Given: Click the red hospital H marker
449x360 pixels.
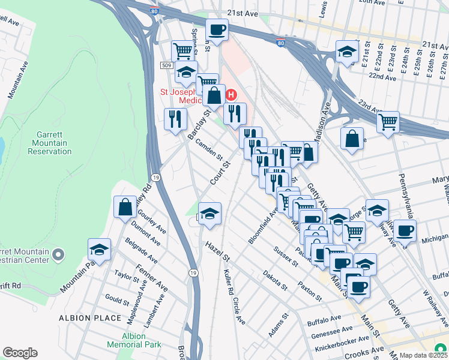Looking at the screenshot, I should pos(232,95).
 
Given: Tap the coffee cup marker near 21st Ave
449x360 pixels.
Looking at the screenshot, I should pos(217,29).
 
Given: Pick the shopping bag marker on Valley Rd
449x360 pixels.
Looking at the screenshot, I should pos(125,207).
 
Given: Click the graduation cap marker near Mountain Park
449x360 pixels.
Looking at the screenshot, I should pos(100,249).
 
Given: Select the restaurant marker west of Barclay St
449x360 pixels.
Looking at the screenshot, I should pos(175,118).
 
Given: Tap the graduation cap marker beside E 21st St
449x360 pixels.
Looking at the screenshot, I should pos(347,52).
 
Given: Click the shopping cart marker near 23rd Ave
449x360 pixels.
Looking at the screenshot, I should pos(388,122).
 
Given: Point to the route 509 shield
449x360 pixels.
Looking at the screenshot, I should pos(167,65).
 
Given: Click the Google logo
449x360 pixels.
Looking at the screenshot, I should pos(20,353).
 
